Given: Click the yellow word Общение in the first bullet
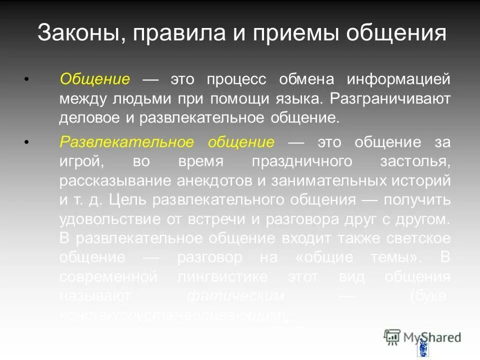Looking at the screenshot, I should pos(95,79).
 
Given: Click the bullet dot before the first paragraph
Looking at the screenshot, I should pos(26,79).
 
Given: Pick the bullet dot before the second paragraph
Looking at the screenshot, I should pos(26,142).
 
